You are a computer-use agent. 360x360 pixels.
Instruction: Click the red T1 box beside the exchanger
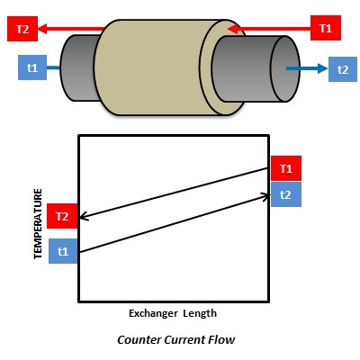(326, 28)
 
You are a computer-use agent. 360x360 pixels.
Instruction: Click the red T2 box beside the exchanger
(22, 29)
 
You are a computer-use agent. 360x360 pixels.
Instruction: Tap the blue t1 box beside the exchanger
(32, 67)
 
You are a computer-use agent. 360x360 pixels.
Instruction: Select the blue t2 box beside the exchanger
(343, 69)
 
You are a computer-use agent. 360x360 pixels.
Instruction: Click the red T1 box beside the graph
(286, 168)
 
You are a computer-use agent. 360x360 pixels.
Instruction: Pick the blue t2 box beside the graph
(286, 194)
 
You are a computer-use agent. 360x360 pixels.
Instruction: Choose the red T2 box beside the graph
(62, 216)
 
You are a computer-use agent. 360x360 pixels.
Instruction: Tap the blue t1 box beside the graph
(63, 251)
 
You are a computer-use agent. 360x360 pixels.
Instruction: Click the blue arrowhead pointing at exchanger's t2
(323, 68)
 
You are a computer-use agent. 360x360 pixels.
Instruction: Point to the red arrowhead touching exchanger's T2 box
(43, 29)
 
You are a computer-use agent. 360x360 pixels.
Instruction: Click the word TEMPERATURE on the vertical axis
(38, 223)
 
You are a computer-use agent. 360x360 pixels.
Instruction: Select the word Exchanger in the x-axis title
(153, 313)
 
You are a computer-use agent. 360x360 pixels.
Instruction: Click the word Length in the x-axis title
(200, 313)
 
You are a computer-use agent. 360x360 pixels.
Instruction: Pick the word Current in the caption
(185, 340)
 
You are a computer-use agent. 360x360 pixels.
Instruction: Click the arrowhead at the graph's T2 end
(84, 216)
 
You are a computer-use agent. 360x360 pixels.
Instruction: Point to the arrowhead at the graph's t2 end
(265, 197)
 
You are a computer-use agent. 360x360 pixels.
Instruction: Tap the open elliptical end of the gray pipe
(285, 68)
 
